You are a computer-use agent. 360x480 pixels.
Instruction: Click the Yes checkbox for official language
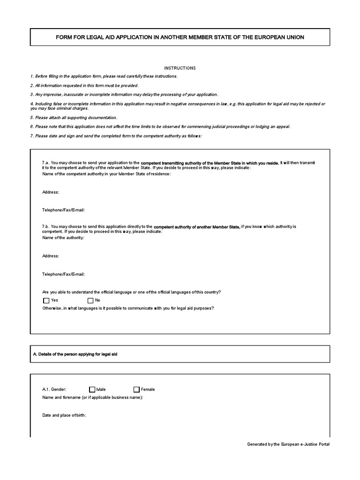tap(46, 300)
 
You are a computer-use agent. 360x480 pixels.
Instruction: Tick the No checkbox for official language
tap(90, 300)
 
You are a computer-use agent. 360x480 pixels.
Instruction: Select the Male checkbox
tap(92, 389)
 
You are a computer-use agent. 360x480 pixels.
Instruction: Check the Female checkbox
tap(136, 389)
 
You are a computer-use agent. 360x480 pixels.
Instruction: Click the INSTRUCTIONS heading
tap(180, 68)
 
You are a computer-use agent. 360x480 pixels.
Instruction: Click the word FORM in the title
tap(64, 37)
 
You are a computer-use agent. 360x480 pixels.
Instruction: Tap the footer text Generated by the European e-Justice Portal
tap(288, 444)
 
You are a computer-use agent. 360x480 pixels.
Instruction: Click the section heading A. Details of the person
tap(75, 354)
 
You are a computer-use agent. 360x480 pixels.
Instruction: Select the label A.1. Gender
tap(54, 389)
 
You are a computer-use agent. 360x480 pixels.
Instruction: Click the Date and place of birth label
tap(64, 415)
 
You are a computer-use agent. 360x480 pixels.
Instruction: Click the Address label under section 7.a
tap(51, 192)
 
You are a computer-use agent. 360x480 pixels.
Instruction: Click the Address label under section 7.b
tap(51, 256)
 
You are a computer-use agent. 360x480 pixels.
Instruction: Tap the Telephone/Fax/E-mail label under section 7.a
tap(64, 210)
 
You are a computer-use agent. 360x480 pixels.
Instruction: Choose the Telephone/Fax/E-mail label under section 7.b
tap(64, 274)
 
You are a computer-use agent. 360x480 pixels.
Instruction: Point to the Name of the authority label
tap(63, 238)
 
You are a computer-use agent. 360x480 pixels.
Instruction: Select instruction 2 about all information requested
tap(84, 86)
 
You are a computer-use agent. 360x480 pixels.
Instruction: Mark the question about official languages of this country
tap(131, 292)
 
